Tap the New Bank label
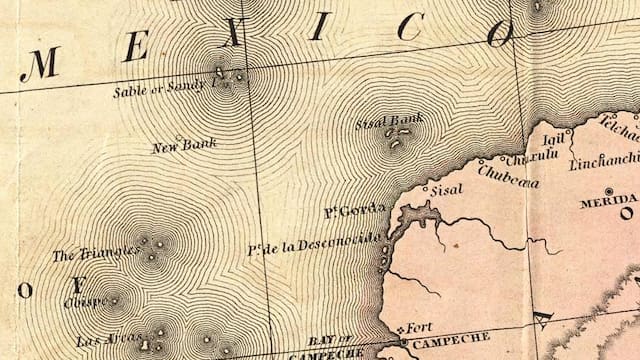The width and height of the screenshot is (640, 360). coord(184,146)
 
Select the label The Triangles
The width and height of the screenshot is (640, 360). coord(95,253)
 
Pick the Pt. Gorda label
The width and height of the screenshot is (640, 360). coord(348,212)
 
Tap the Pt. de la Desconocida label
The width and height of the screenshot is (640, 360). coord(314,241)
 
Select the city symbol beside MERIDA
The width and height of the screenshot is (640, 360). coord(609,190)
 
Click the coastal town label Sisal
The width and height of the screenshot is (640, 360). coord(446,188)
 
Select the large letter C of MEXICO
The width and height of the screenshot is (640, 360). coord(407,29)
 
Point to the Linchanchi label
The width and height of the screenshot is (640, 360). coord(604,160)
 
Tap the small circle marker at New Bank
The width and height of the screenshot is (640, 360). coord(179,138)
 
